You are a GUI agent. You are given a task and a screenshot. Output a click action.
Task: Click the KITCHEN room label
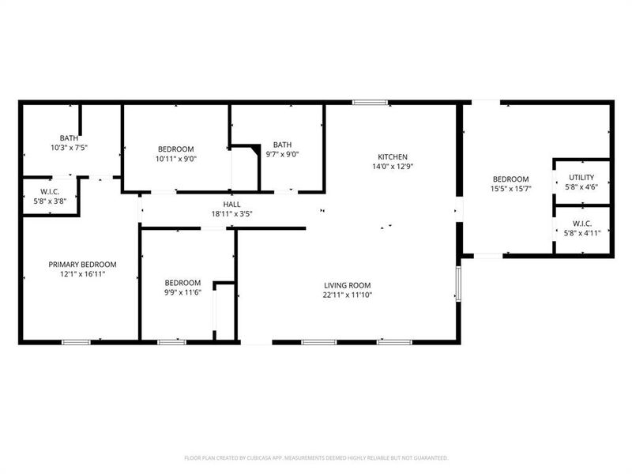[x=392, y=156]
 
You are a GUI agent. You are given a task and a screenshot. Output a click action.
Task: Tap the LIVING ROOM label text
[x=347, y=285]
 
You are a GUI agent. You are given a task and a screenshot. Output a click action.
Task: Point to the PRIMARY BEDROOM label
[x=82, y=265]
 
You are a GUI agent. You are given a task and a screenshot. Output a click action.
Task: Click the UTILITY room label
[x=581, y=178]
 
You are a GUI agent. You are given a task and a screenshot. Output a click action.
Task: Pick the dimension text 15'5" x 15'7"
[x=511, y=189]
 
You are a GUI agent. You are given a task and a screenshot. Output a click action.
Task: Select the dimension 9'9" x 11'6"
[x=182, y=292]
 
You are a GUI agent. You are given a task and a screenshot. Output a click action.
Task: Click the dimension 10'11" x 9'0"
[x=175, y=159]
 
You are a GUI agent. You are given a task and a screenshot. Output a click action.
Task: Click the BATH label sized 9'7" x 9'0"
[x=282, y=145]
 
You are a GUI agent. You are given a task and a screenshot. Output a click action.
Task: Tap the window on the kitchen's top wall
[x=370, y=102]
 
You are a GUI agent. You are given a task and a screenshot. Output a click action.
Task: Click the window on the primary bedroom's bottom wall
[x=76, y=342]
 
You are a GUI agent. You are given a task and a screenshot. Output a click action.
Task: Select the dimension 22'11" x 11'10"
[x=347, y=295]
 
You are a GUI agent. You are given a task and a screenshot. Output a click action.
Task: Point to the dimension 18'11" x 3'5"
[x=231, y=213]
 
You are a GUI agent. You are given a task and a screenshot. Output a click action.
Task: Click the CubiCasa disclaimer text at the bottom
[x=316, y=457]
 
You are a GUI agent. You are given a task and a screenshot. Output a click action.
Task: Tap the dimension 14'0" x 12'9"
[x=393, y=166]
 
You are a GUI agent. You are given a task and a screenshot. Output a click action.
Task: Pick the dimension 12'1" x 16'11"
[x=82, y=274]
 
